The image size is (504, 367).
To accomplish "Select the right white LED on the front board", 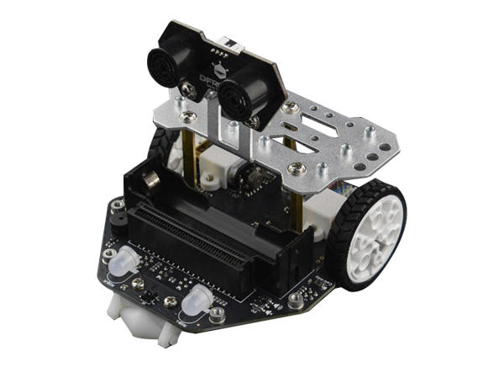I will point(200,297).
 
